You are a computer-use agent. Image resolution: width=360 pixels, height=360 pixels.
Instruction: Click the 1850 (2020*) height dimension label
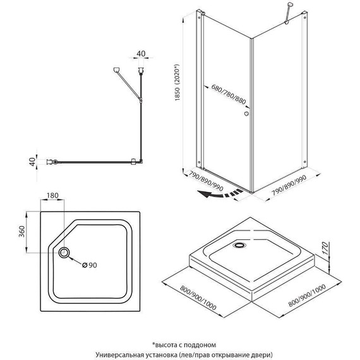(x=177, y=82)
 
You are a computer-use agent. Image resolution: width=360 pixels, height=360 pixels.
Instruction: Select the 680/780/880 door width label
(x=229, y=94)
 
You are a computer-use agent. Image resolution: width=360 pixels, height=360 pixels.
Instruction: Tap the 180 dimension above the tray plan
(x=52, y=195)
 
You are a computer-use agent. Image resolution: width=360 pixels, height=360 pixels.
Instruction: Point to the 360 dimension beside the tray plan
(x=21, y=231)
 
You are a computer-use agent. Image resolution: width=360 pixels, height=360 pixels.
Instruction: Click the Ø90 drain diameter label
(x=90, y=265)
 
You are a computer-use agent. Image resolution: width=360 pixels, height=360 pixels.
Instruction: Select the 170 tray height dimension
(x=325, y=248)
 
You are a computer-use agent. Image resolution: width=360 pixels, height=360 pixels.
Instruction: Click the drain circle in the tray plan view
(x=64, y=253)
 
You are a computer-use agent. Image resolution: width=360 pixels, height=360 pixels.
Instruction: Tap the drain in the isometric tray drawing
(x=240, y=245)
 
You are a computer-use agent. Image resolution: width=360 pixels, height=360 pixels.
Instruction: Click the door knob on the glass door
(x=246, y=114)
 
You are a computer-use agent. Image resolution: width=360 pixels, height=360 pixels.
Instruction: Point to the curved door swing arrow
(x=220, y=194)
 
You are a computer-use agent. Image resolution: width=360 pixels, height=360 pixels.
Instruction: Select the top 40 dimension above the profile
(x=141, y=54)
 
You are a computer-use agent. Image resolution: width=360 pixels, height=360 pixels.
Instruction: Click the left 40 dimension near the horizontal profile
(x=33, y=162)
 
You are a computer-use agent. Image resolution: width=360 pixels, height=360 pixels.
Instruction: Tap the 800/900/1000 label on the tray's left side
(x=198, y=297)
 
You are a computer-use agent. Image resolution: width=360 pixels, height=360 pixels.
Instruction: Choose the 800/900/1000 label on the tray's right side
(x=307, y=296)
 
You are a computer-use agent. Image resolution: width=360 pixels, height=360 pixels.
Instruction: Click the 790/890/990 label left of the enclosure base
(x=206, y=181)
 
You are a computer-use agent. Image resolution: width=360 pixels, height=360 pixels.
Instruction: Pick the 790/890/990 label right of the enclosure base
(x=289, y=185)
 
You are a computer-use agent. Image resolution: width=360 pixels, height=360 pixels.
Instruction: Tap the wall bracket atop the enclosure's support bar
(x=290, y=4)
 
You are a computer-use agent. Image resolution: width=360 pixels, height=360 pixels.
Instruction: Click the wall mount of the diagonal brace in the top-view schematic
(x=116, y=69)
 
